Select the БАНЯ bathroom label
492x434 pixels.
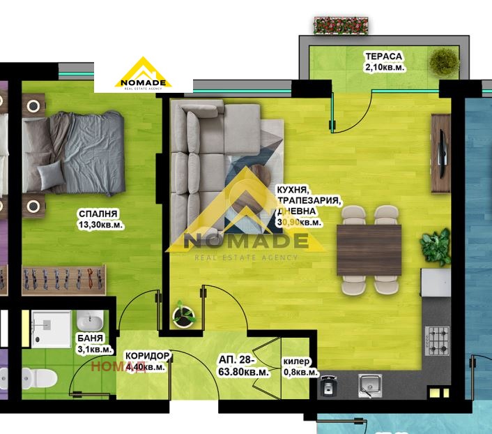[x=91, y=339]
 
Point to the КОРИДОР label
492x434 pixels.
[x=145, y=356]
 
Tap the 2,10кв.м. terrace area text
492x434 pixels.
[x=384, y=66]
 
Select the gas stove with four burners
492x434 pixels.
[x=438, y=340]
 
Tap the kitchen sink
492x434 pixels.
[x=367, y=384]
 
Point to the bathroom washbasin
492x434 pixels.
[x=89, y=322]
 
